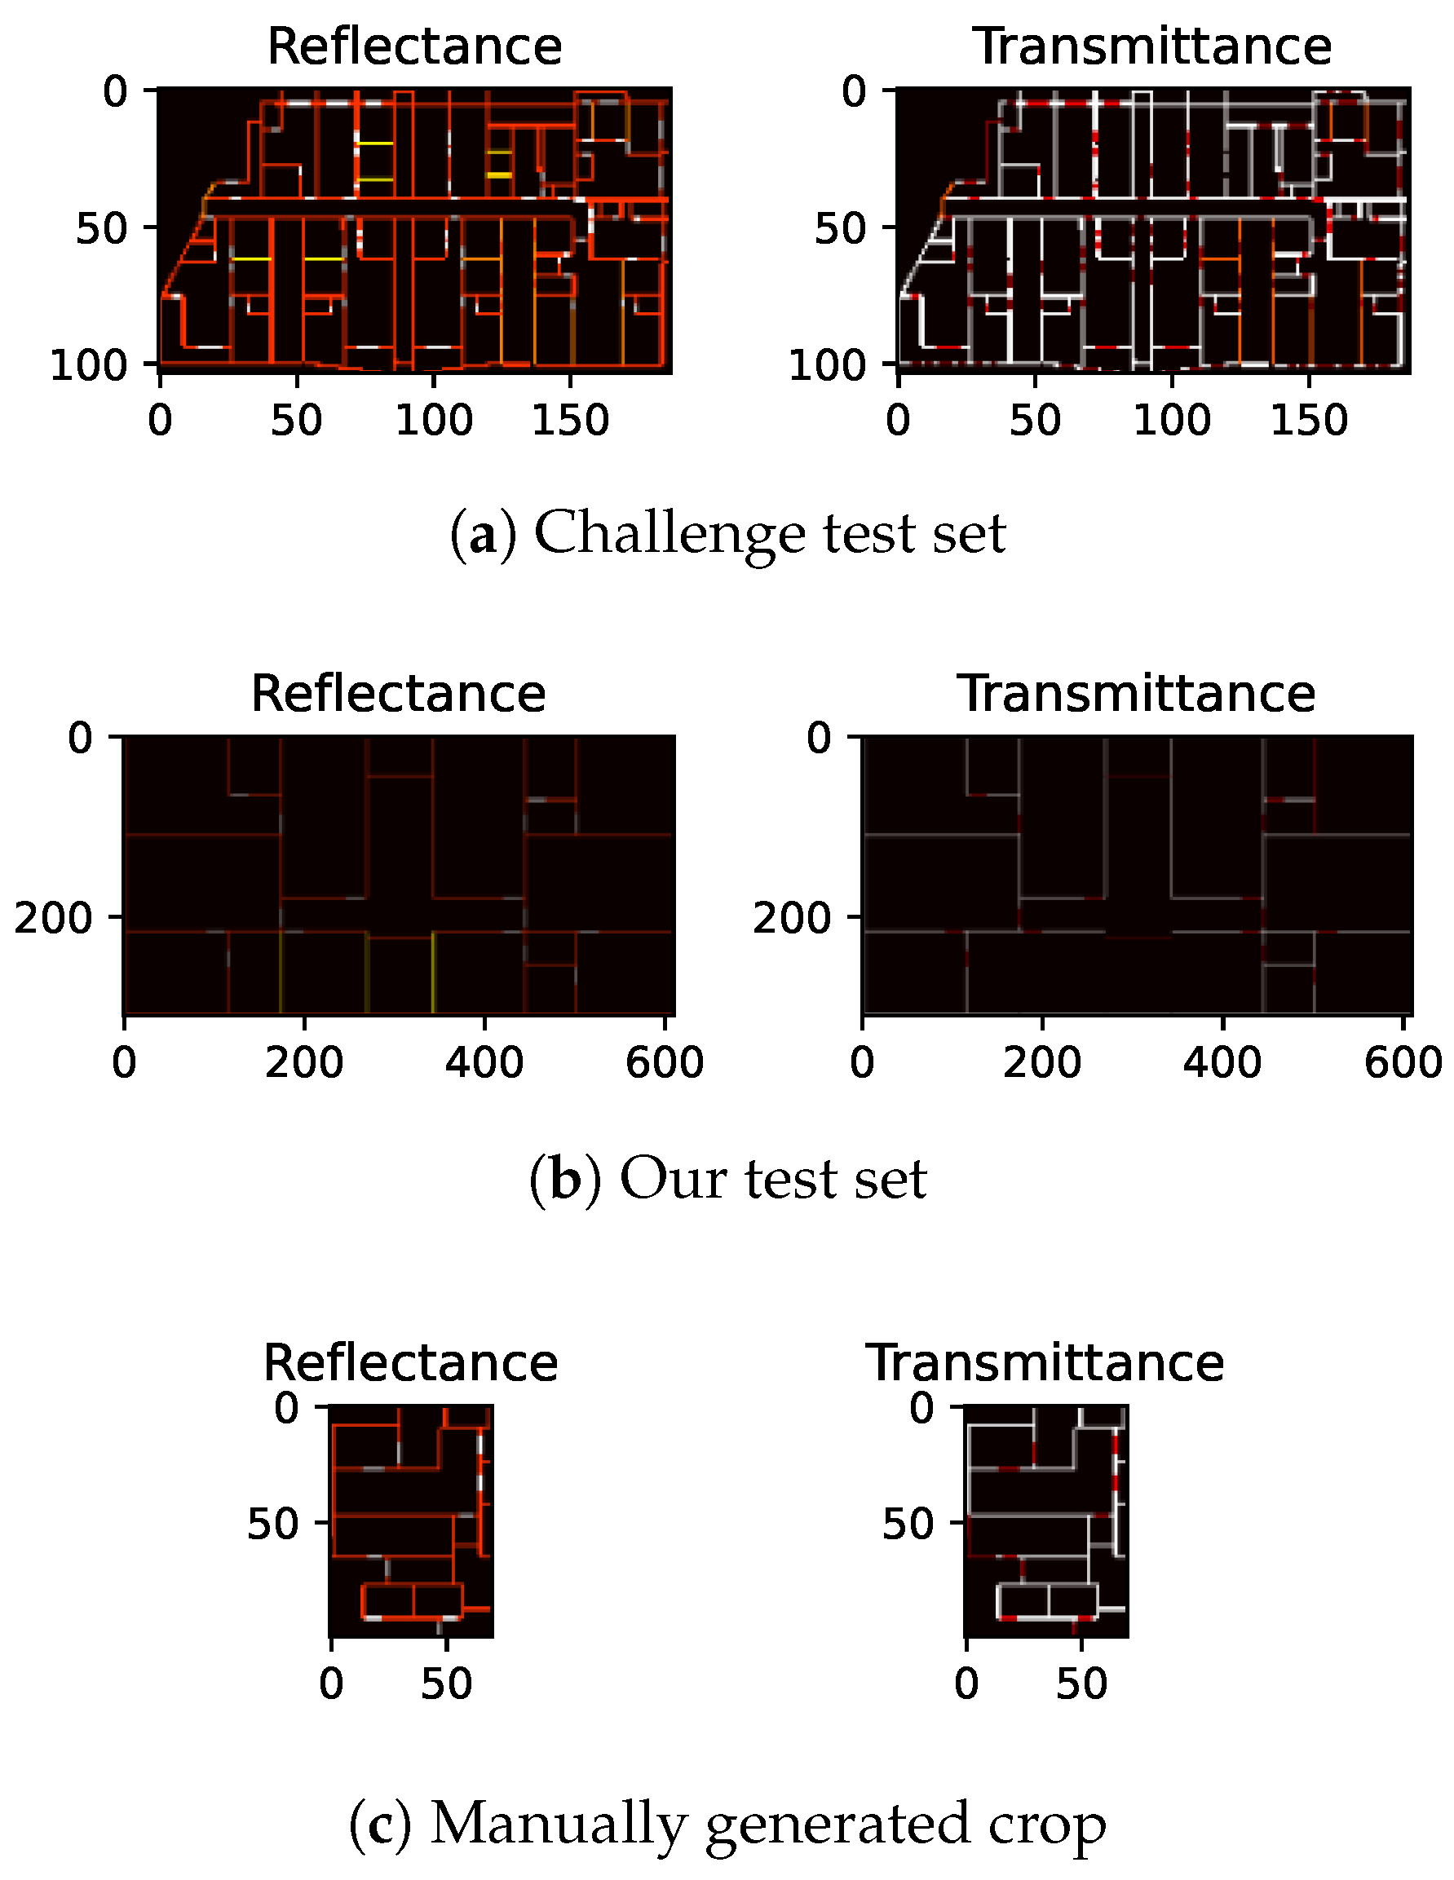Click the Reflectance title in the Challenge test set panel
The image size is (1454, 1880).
click(x=414, y=46)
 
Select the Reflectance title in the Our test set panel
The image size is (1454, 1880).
click(x=398, y=694)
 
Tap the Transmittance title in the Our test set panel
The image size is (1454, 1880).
click(x=1136, y=694)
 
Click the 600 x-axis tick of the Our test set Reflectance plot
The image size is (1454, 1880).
click(x=665, y=1063)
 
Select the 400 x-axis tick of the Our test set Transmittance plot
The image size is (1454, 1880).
click(x=1222, y=1063)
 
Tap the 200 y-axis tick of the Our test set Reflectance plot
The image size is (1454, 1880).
click(x=53, y=919)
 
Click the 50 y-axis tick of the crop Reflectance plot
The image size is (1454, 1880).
click(x=273, y=1524)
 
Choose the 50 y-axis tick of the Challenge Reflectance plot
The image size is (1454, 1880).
click(x=103, y=229)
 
